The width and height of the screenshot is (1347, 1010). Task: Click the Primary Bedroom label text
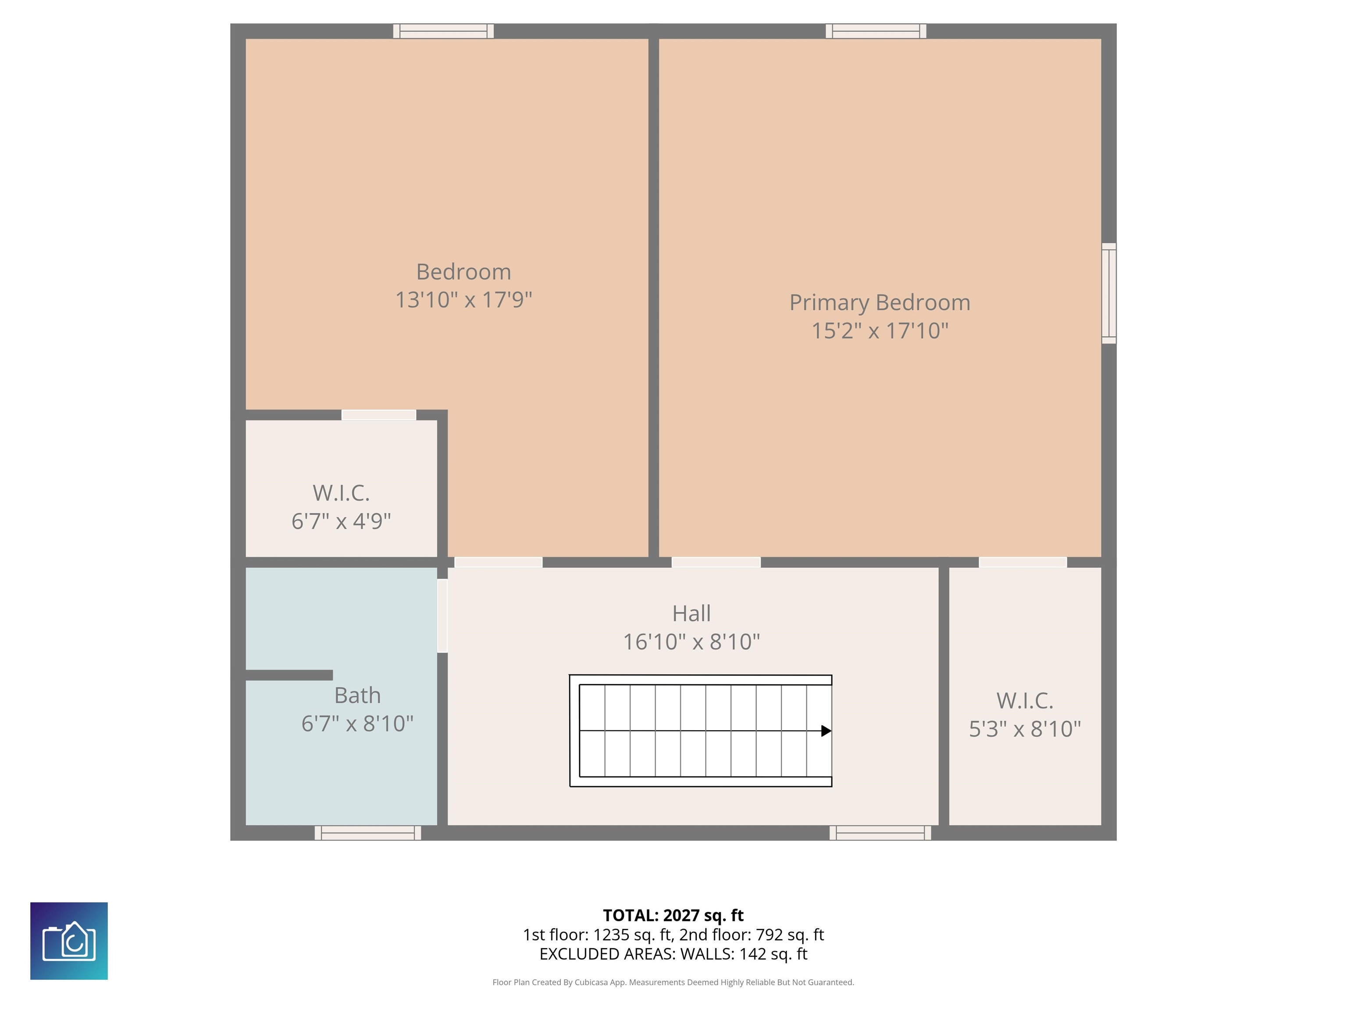point(879,302)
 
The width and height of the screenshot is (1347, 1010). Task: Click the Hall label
point(691,614)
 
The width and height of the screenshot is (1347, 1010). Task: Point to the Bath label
point(357,695)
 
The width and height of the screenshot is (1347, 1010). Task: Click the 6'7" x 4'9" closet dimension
point(341,522)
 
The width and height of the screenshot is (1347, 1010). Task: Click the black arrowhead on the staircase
point(826,731)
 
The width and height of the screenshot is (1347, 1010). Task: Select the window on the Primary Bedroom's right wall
point(1109,293)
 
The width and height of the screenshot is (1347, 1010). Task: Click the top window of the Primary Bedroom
point(876,31)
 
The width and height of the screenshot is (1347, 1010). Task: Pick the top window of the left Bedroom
point(443,31)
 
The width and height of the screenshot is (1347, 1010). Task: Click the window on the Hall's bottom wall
point(880,833)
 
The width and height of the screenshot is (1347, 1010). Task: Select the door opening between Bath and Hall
point(443,615)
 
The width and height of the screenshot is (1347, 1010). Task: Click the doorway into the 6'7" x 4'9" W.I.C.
point(379,415)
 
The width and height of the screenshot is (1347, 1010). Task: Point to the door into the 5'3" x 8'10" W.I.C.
point(1023,562)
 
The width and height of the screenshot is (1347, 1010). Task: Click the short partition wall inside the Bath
point(289,675)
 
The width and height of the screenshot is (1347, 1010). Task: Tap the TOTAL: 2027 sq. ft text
point(673,916)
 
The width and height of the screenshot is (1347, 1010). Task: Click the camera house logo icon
point(69,941)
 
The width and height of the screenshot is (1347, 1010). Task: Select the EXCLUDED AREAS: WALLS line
point(673,954)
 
